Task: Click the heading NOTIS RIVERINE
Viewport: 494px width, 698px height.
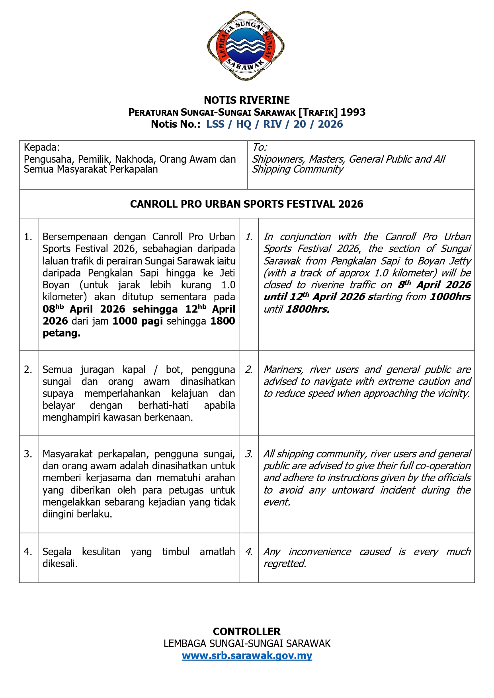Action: [x=247, y=100]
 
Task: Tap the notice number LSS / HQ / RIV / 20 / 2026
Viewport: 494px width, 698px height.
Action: [x=274, y=124]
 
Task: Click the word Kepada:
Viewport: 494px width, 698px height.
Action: [x=41, y=148]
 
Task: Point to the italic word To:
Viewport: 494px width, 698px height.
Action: [x=260, y=148]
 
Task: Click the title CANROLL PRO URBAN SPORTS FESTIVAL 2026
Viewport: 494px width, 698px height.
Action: [x=246, y=204]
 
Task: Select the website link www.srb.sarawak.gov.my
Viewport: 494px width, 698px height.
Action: [x=247, y=655]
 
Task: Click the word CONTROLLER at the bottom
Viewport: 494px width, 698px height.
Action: [x=247, y=631]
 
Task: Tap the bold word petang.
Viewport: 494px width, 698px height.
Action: [x=61, y=333]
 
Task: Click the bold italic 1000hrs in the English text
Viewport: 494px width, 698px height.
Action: [x=450, y=297]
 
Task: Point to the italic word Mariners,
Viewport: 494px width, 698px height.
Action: [x=283, y=369]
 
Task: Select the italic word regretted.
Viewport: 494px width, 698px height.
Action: [x=285, y=564]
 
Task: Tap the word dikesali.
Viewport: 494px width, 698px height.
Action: [x=60, y=564]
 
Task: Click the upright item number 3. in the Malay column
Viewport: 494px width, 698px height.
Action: [x=28, y=454]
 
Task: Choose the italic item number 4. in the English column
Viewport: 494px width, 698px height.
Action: [x=249, y=552]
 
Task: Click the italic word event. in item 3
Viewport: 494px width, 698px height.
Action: [x=277, y=502]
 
